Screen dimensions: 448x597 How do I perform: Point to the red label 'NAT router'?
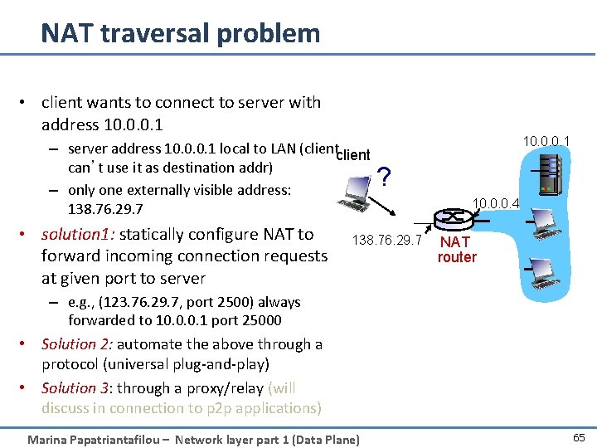pyautogui.click(x=457, y=250)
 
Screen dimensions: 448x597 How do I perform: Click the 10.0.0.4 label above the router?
pyautogui.click(x=496, y=202)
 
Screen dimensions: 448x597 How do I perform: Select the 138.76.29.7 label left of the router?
pyautogui.click(x=387, y=241)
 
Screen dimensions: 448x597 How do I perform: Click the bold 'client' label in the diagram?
pyautogui.click(x=355, y=155)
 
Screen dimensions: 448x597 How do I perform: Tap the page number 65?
pyautogui.click(x=578, y=437)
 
